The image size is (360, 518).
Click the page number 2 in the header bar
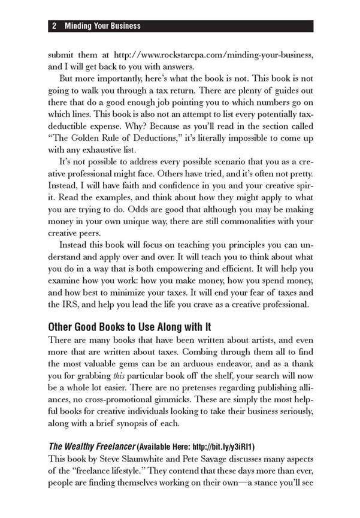coord(54,26)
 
